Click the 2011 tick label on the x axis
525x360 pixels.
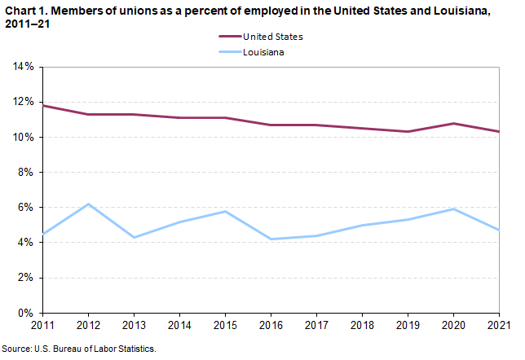[x=42, y=326]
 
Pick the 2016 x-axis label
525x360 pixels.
[x=271, y=326]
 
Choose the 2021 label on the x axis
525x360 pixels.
[x=497, y=326]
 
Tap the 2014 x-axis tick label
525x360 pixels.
[x=179, y=326]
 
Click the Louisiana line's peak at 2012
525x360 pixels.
[x=88, y=204]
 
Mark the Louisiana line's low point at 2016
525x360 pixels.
[x=271, y=239]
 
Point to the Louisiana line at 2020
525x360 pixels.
[x=452, y=209]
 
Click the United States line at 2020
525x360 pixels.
[x=452, y=123]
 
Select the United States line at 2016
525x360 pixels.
[x=271, y=125]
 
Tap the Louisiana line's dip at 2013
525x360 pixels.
[x=134, y=237]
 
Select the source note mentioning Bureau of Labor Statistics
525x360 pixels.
[x=78, y=349]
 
